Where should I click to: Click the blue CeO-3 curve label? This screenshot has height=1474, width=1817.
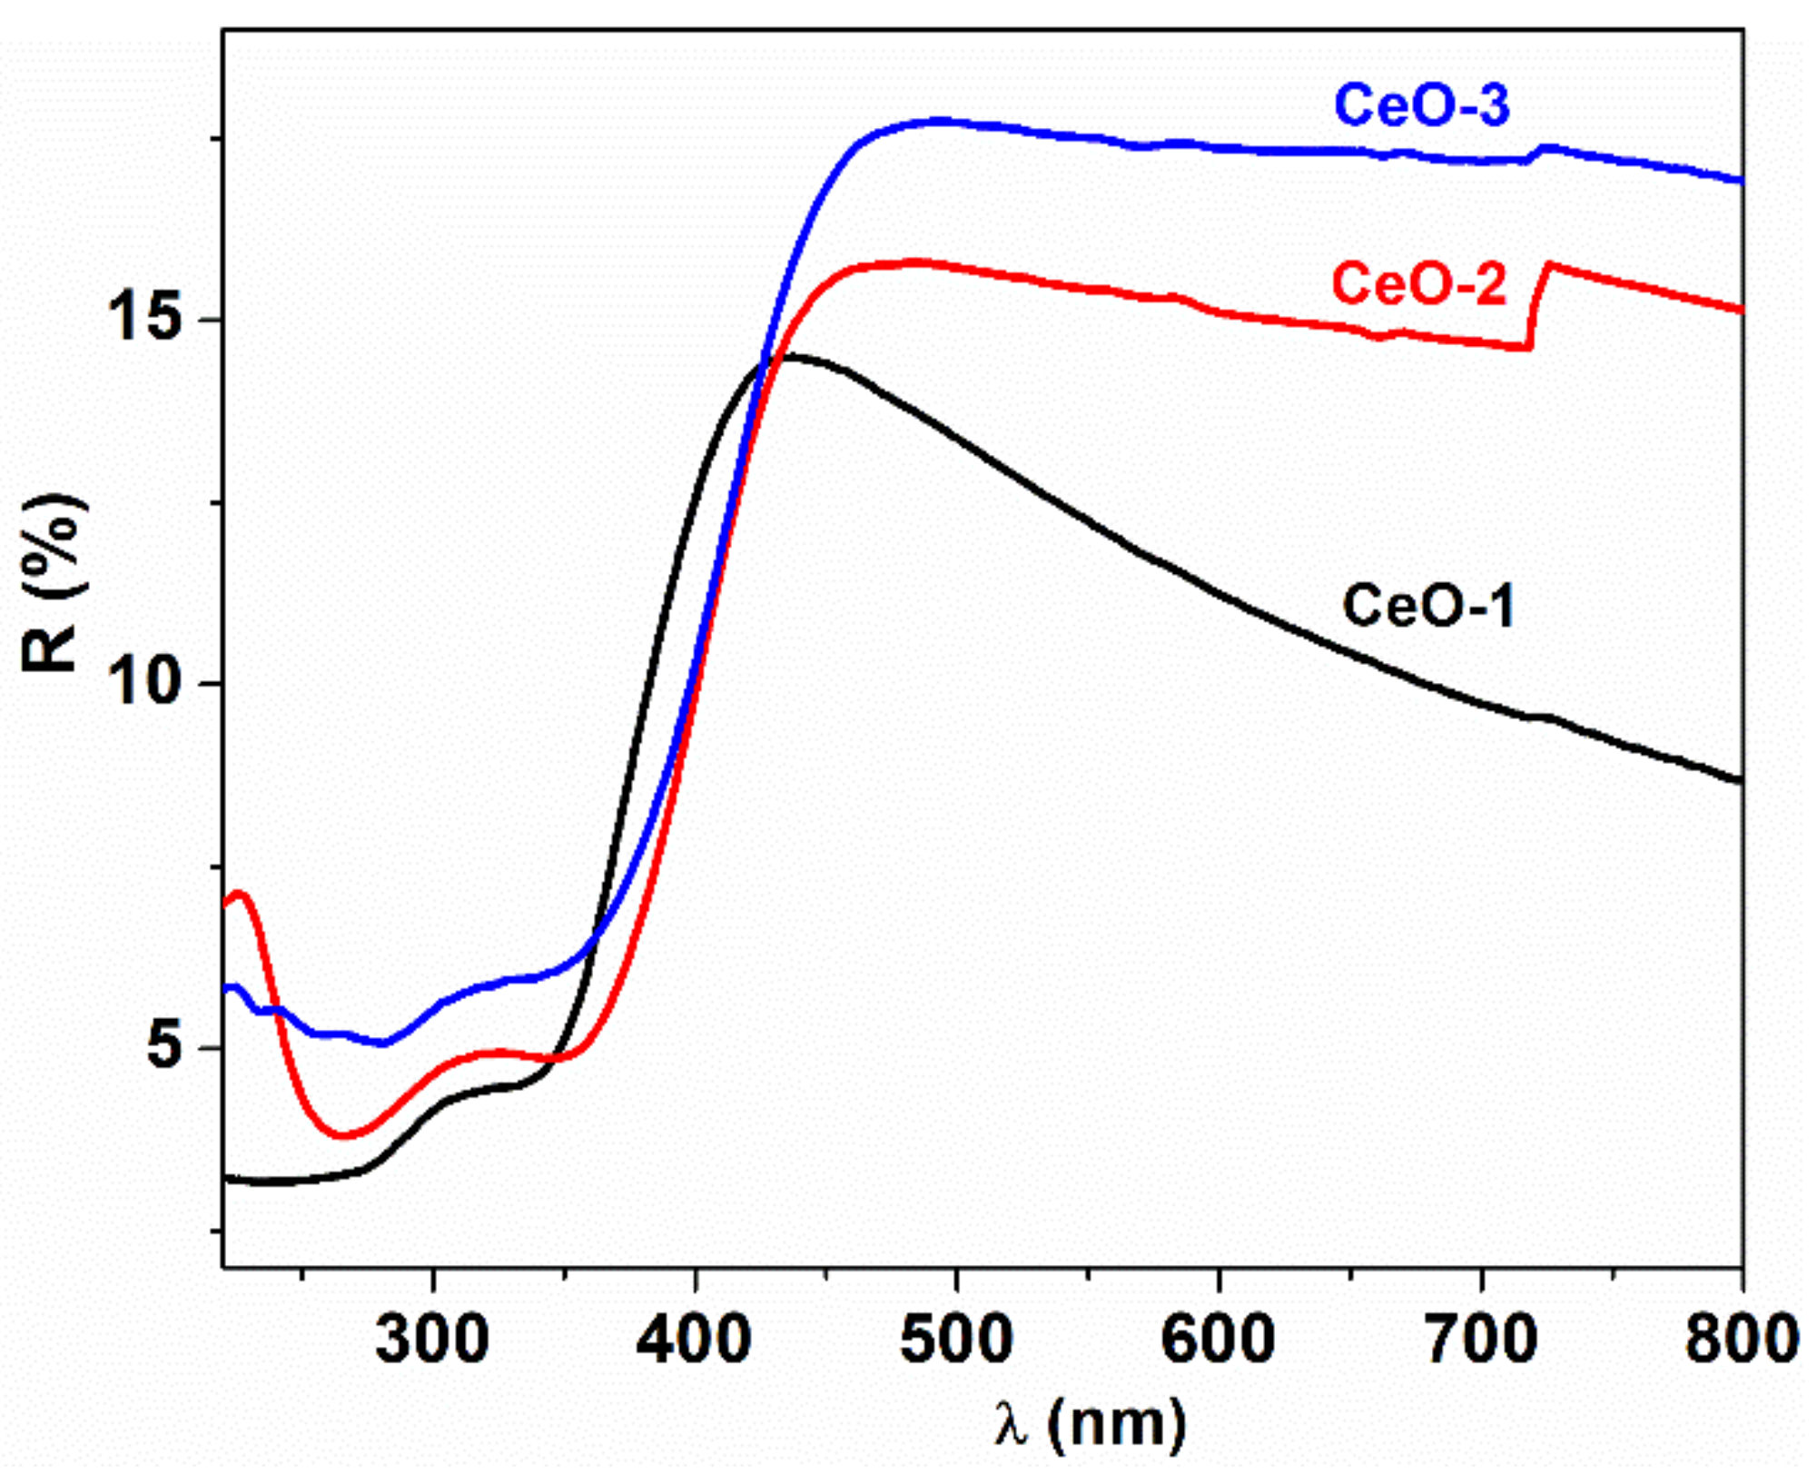pyautogui.click(x=1422, y=105)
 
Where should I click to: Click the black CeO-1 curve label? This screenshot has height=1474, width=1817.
pyautogui.click(x=1428, y=606)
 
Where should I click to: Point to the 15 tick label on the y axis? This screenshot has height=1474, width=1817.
pyautogui.click(x=143, y=319)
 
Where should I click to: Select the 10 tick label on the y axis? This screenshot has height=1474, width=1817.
pyautogui.click(x=143, y=683)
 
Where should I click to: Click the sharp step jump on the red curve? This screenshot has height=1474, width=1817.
pyautogui.click(x=1536, y=304)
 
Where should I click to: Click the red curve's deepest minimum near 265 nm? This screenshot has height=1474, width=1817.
pyautogui.click(x=342, y=1135)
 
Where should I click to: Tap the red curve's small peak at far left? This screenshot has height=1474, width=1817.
pyautogui.click(x=240, y=895)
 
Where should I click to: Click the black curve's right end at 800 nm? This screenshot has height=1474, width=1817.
pyautogui.click(x=1739, y=780)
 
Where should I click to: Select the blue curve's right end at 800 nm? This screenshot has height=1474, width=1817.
pyautogui.click(x=1739, y=181)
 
